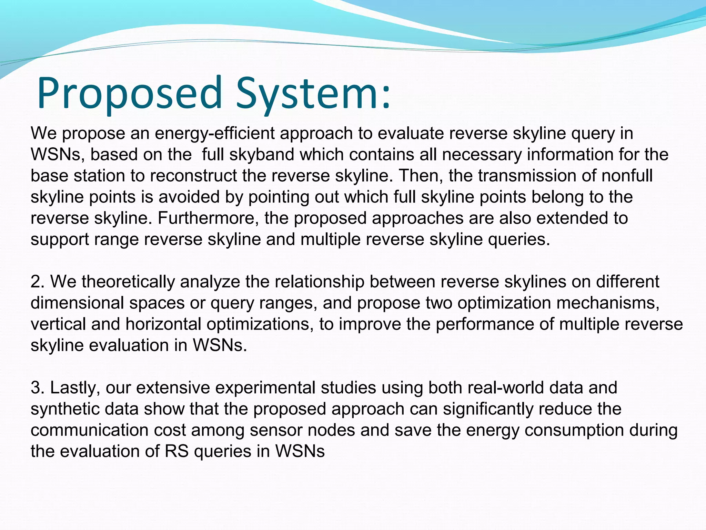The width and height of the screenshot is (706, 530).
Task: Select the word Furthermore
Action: click(x=208, y=218)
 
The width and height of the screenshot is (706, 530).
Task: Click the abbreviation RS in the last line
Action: click(x=176, y=451)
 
